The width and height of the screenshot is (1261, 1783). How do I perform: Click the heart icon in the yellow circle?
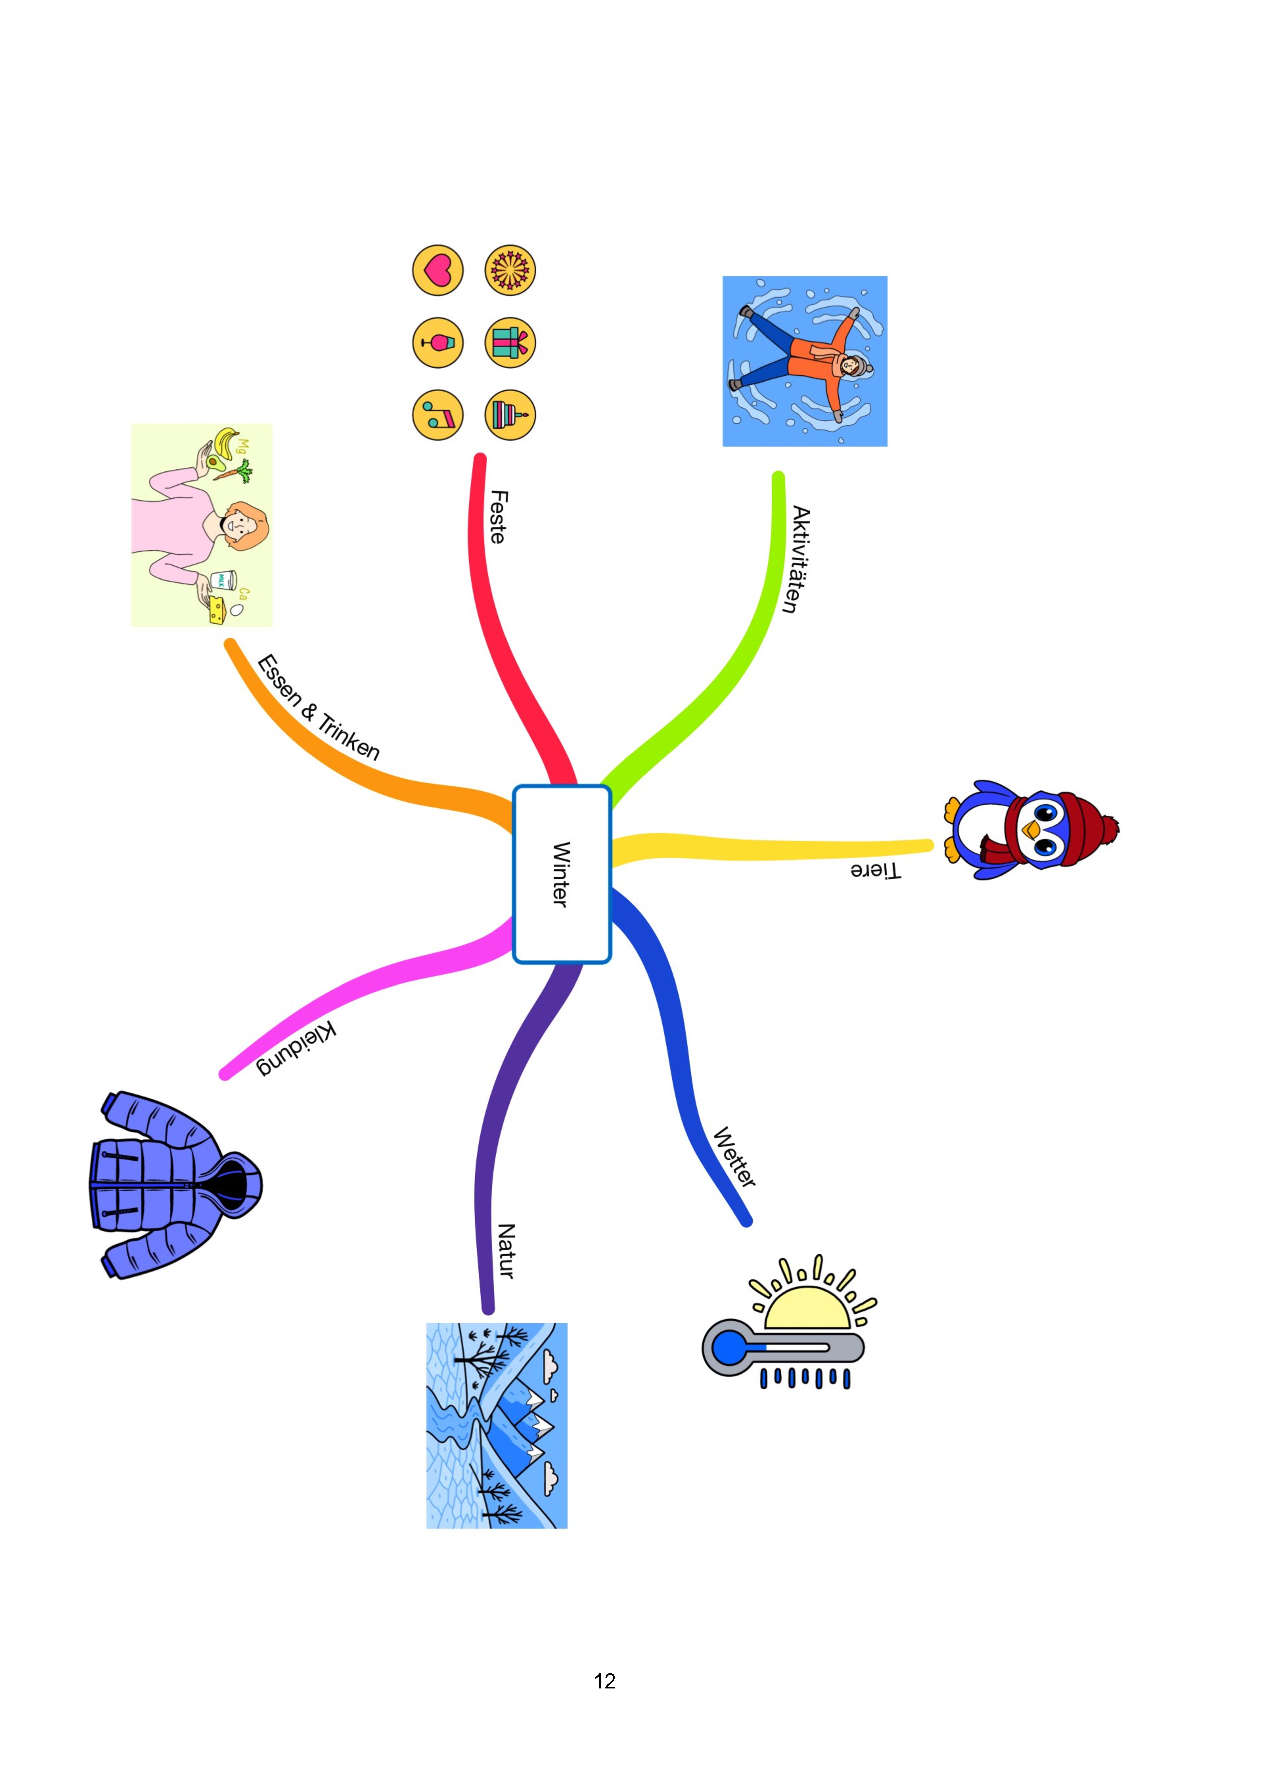(x=437, y=270)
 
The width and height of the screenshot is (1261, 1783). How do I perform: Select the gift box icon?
(x=510, y=343)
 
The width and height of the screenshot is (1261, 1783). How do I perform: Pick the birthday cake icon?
(x=510, y=415)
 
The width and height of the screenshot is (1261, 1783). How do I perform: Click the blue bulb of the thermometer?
(x=729, y=1348)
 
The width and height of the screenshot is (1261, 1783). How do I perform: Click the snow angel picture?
(x=805, y=361)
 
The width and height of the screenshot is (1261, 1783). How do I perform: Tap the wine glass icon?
(x=437, y=343)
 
